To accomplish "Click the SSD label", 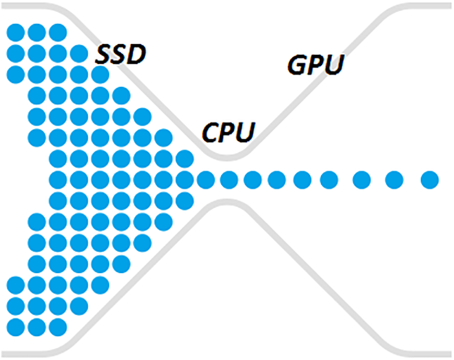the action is point(121,54).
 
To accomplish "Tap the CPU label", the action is point(229,132).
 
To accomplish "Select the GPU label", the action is point(315,65).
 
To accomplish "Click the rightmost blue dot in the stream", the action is point(430,180).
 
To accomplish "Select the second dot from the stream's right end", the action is point(394,180).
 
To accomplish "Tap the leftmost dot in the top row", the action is point(16,33).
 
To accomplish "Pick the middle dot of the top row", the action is point(37,33).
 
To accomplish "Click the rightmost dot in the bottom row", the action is point(58,327).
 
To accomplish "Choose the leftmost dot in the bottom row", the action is point(16,327).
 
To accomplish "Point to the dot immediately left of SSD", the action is point(79,54).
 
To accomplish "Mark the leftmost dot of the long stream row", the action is point(58,180).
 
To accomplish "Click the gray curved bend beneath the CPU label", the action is point(228,157).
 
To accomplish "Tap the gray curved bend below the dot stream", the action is point(228,202).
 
